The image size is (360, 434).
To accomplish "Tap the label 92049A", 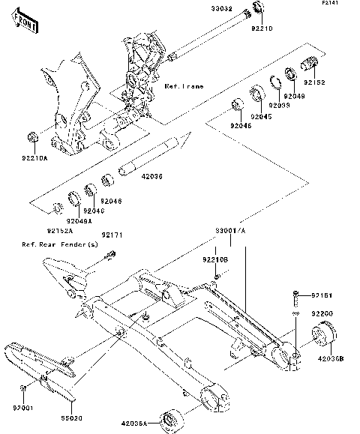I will click(78, 221).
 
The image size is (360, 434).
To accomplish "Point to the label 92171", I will click(112, 235).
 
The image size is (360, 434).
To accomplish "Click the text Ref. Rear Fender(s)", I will click(60, 244).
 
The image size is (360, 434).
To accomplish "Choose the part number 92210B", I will click(214, 259).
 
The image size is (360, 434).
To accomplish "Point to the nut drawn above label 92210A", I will click(32, 136).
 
